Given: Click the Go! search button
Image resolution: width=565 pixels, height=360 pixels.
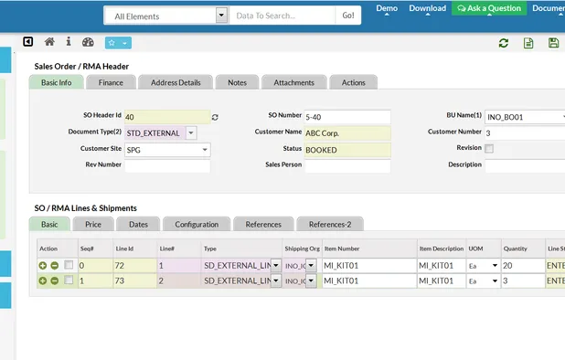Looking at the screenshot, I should (x=347, y=16).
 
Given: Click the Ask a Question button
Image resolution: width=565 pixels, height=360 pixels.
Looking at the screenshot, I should (x=488, y=8).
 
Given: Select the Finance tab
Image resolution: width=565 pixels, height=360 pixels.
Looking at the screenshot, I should (x=112, y=82).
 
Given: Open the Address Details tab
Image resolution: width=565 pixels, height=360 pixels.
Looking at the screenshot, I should (x=176, y=82).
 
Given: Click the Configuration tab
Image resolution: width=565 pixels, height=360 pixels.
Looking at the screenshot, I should (x=197, y=224).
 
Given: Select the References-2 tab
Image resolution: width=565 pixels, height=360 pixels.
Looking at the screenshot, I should (x=330, y=224).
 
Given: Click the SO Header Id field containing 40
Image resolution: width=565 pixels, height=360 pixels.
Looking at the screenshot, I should (x=165, y=117).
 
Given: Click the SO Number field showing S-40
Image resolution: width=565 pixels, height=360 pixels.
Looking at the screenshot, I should (x=346, y=117).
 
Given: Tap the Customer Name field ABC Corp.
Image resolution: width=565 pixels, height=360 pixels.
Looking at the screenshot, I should (x=346, y=132).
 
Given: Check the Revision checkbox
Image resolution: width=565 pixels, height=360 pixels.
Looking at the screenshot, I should (x=490, y=148).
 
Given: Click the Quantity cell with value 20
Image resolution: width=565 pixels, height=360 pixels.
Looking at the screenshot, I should (x=522, y=264).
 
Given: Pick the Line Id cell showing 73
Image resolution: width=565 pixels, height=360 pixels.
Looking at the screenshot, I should (x=133, y=281).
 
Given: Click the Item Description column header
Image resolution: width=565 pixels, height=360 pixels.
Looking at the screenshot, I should (x=441, y=248).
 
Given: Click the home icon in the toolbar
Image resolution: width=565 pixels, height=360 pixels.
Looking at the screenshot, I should (x=49, y=42).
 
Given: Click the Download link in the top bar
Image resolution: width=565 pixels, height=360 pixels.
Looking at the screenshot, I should (x=427, y=8).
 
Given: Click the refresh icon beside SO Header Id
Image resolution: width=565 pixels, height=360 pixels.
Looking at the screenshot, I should (x=216, y=117).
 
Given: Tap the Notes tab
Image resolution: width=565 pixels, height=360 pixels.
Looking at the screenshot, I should (x=237, y=82).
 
